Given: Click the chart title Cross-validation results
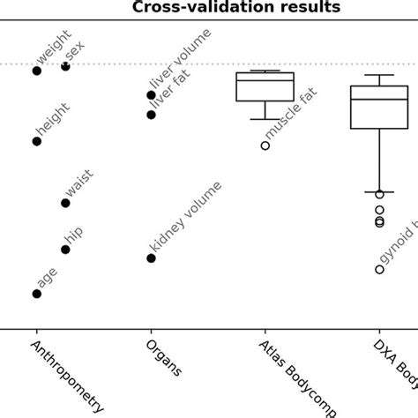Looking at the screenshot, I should coord(235,8).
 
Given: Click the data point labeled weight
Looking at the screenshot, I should coord(37,71).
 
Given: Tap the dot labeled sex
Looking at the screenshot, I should coord(65,66).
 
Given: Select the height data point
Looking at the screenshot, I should coord(37,141).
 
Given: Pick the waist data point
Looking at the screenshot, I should coord(65,203).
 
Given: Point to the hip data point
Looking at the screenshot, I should coord(65,250).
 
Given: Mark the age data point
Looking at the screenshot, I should coord(37,294).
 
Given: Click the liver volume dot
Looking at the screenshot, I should coord(151,95).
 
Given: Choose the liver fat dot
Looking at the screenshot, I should coord(151,115).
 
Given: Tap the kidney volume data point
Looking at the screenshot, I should coord(151,258).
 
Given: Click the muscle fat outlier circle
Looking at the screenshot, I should coord(265,146).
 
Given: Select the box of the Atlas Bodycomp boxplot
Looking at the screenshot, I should coord(265,86).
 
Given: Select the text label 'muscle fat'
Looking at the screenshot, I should coord(292,112).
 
